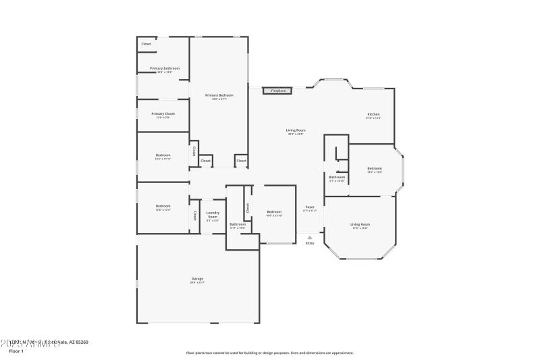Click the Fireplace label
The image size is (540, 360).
pos(278,91)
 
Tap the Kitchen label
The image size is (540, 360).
pos(374,114)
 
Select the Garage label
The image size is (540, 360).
pos(198,278)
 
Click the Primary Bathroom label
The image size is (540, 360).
pos(164,68)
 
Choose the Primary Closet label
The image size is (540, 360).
pos(163,113)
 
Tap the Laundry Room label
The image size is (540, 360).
pos(213,214)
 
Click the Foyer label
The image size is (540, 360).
pos(310,207)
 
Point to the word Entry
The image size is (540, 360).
pos(310,243)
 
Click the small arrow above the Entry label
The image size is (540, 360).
pos(310,237)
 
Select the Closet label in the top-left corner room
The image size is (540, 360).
pos(146,45)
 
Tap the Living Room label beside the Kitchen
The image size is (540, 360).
pos(296,130)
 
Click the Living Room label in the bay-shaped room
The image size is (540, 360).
pos(360,224)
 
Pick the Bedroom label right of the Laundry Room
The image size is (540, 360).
pos(273,212)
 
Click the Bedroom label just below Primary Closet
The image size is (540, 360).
pos(163,155)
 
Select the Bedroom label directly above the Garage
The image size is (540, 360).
pos(163,206)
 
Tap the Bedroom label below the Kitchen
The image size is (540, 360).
pos(375,168)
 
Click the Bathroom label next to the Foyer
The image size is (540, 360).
pos(337,177)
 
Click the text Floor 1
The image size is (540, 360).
pos(16,351)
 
